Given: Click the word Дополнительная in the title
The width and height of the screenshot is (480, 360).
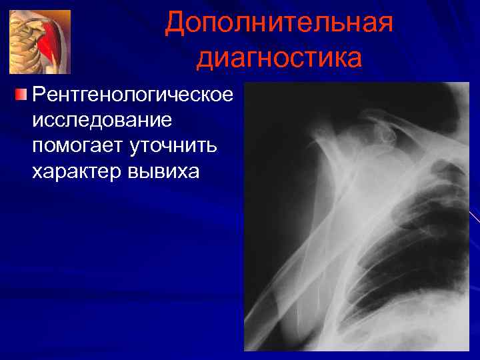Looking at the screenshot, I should point(279,23).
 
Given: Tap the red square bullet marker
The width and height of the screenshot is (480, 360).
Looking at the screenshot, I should point(22,95).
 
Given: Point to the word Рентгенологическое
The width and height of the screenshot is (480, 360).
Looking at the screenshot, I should point(133,96).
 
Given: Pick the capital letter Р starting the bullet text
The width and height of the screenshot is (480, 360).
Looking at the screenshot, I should point(39,96).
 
